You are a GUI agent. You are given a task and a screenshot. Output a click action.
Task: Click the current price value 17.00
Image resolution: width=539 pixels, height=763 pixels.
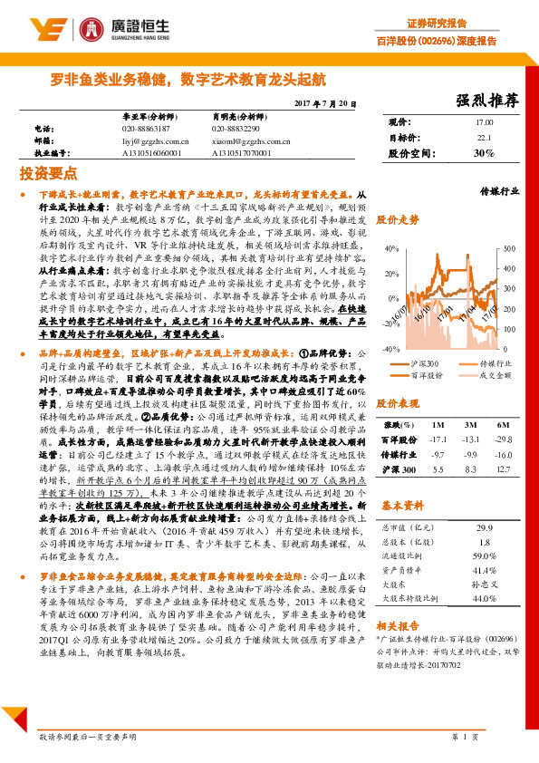click(x=484, y=121)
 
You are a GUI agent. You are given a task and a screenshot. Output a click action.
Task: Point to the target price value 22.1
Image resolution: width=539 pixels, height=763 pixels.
click(x=484, y=138)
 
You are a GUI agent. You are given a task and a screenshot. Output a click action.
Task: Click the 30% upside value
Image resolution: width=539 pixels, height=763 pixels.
click(x=484, y=154)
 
